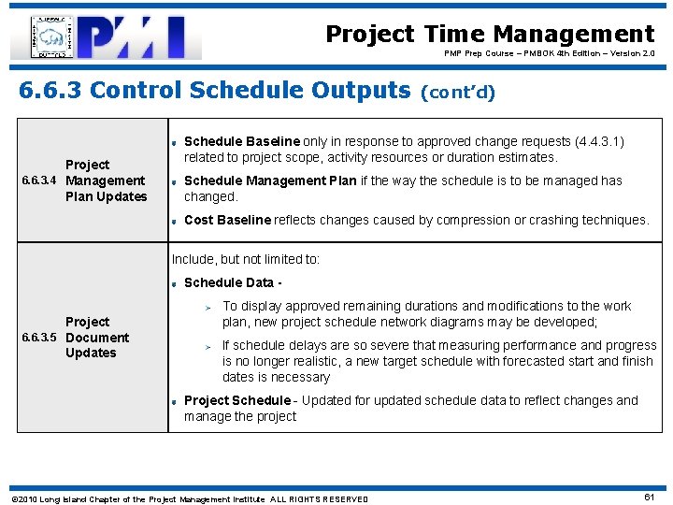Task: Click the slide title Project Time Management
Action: pyautogui.click(x=490, y=35)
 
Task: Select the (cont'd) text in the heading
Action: pyautogui.click(x=459, y=93)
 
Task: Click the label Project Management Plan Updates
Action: pyautogui.click(x=105, y=180)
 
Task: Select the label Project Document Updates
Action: pyautogui.click(x=96, y=338)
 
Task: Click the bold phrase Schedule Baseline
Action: pyautogui.click(x=242, y=142)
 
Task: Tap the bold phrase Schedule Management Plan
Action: pyautogui.click(x=270, y=181)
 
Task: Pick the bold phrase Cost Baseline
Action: pyautogui.click(x=227, y=221)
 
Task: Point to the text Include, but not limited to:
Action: pyautogui.click(x=245, y=259)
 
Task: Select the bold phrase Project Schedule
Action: pyautogui.click(x=237, y=400)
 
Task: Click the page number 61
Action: pyautogui.click(x=650, y=498)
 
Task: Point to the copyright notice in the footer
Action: pyautogui.click(x=188, y=499)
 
